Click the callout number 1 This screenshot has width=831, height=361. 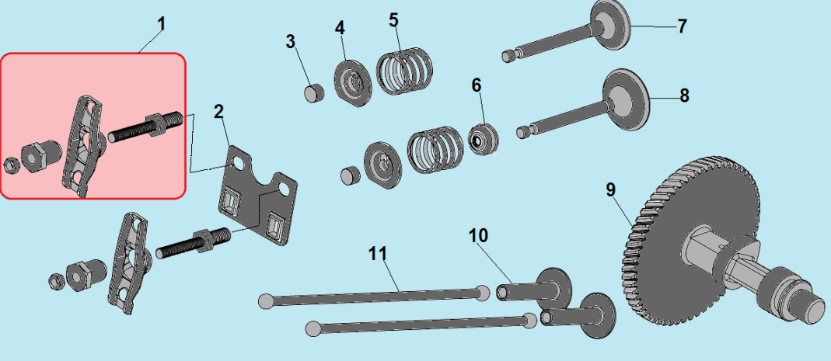(161, 24)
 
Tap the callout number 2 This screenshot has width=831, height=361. (219, 112)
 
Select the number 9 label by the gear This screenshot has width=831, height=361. (611, 189)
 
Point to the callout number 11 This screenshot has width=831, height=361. (378, 254)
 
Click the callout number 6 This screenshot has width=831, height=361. (477, 85)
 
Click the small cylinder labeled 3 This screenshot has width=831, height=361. (314, 92)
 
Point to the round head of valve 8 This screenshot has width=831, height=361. (627, 99)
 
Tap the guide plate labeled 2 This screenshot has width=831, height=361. (258, 196)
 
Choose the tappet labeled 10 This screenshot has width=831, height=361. (536, 286)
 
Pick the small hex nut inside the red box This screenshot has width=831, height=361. (10, 165)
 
